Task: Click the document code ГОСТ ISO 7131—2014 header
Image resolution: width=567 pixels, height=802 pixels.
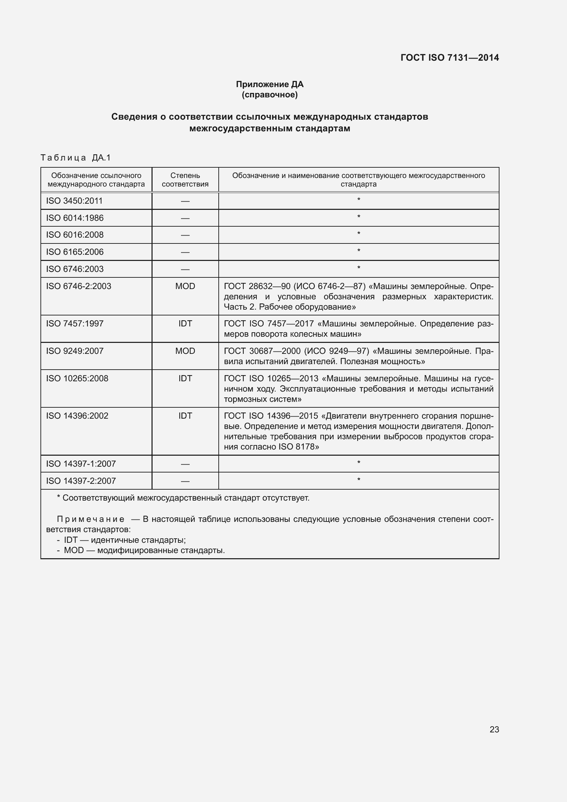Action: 449,58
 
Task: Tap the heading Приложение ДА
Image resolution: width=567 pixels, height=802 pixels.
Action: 269,84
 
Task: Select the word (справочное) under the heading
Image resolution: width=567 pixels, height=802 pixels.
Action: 269,95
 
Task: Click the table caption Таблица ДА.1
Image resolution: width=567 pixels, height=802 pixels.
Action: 75,157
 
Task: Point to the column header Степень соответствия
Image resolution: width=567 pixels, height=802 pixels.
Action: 185,180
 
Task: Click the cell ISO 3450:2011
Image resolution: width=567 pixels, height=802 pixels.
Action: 74,201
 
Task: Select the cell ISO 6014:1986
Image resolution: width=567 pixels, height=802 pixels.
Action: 75,218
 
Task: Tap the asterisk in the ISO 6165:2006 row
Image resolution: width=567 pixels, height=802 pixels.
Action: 359,251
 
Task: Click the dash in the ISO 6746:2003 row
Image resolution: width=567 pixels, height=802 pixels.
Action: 185,269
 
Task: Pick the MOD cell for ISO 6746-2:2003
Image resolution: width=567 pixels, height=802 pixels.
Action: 185,286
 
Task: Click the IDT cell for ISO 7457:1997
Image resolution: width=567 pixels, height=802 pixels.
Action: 185,323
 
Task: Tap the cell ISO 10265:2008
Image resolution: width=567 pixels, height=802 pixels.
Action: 77,378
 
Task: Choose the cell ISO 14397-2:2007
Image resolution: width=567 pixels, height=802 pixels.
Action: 81,481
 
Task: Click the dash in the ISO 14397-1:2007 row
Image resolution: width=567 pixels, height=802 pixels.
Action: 185,464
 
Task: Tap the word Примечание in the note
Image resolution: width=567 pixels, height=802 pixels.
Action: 91,519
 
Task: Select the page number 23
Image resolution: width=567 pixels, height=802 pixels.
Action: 494,729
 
